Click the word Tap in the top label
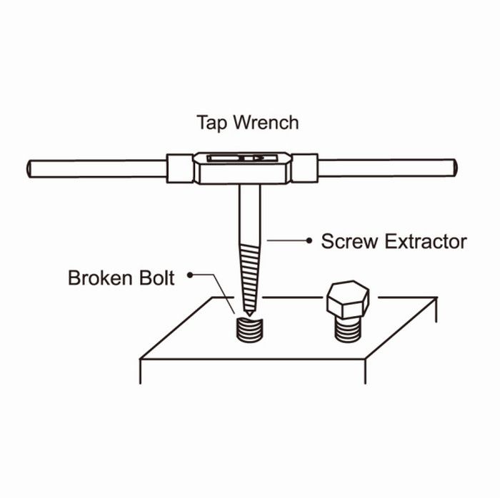click(x=212, y=123)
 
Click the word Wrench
click(x=266, y=122)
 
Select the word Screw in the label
click(x=349, y=241)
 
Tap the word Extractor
click(x=426, y=241)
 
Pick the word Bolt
click(x=157, y=278)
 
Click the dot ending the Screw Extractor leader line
click(x=309, y=240)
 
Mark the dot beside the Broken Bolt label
click(x=190, y=275)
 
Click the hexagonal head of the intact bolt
click(x=348, y=300)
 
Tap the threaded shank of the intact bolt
click(x=349, y=330)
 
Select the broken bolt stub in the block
click(x=249, y=330)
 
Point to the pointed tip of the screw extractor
click(x=249, y=315)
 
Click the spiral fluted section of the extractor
click(x=250, y=276)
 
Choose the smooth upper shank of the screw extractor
click(x=250, y=214)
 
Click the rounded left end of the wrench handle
click(x=29, y=169)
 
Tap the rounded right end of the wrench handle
click(x=455, y=168)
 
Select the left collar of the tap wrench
click(x=180, y=168)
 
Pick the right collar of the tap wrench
click(x=304, y=168)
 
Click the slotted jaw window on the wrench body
click(x=241, y=158)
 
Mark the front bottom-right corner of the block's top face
click(x=365, y=359)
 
